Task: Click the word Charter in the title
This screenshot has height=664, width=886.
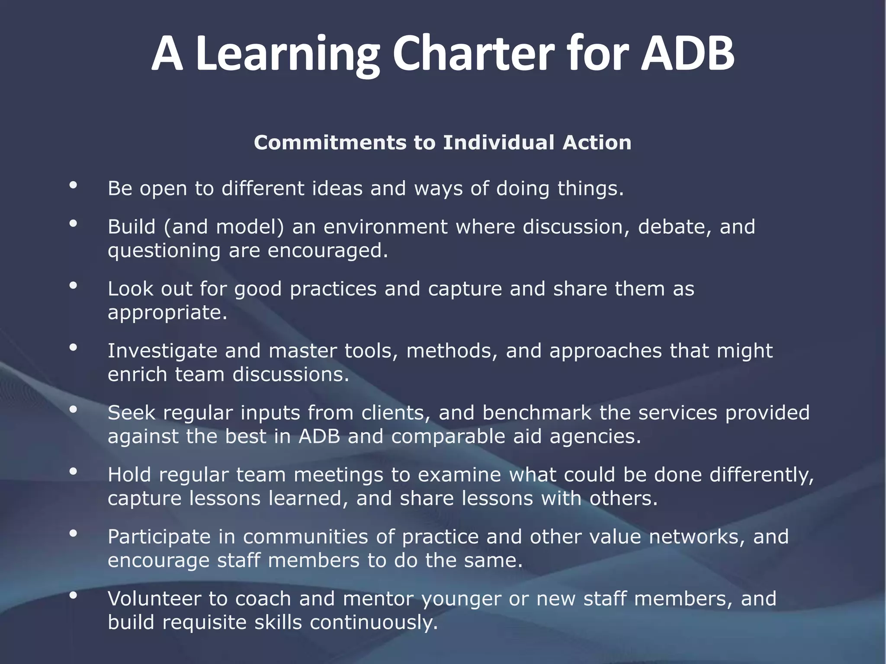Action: tap(473, 54)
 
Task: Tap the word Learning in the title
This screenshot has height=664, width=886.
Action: tap(287, 54)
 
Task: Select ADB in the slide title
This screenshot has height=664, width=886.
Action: tap(687, 54)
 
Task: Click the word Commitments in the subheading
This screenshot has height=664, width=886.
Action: tap(330, 143)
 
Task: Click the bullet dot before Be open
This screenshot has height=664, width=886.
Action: tap(73, 185)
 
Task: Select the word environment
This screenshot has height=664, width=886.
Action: tap(385, 227)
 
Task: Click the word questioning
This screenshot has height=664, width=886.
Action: tap(164, 251)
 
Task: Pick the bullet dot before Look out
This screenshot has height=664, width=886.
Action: tap(73, 285)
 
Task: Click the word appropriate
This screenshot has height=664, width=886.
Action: tap(167, 313)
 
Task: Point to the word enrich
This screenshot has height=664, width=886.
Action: tap(137, 374)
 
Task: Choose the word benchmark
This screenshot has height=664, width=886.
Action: tap(536, 413)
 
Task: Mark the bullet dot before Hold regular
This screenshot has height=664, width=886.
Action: tap(73, 471)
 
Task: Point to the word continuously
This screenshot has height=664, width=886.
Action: tap(374, 622)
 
